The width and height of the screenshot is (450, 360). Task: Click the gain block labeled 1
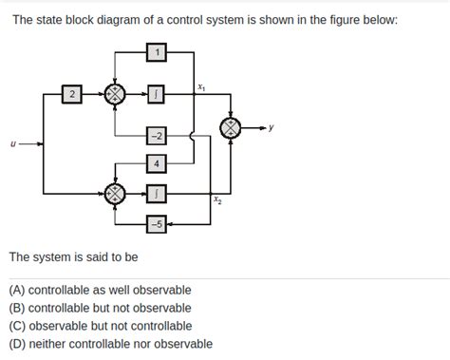[157, 52]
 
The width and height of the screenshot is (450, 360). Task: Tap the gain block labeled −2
[158, 138]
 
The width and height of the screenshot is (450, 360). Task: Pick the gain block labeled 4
[158, 164]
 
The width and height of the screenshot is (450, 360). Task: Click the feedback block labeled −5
[157, 224]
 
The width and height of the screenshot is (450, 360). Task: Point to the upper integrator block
[158, 94]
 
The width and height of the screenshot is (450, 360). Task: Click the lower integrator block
[158, 194]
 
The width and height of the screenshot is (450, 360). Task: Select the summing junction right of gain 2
[114, 94]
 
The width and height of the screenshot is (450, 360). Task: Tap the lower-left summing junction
[114, 194]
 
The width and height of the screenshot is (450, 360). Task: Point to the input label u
[11, 144]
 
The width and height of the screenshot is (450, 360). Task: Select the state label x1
[200, 86]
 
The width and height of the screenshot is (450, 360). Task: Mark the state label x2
[217, 201]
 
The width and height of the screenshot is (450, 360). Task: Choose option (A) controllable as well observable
[100, 290]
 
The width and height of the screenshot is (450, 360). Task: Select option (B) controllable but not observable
[100, 308]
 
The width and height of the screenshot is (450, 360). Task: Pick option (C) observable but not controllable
[100, 326]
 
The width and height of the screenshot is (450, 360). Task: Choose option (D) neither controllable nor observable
[110, 344]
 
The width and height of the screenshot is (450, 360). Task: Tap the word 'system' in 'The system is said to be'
[55, 256]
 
